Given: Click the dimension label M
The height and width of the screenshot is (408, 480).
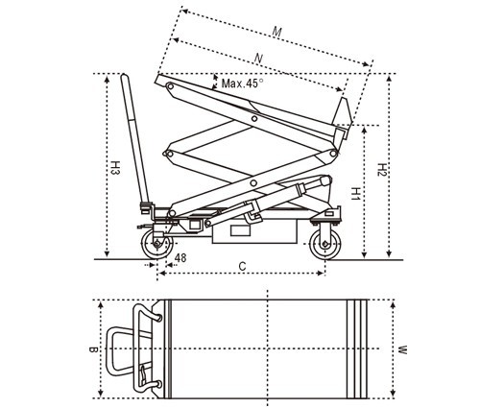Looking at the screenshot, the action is point(276,32).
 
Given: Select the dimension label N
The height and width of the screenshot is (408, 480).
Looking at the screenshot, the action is point(258,59).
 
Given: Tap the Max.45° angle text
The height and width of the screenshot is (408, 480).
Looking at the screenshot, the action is point(243,84).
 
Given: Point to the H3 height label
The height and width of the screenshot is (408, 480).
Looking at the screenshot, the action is point(115,167).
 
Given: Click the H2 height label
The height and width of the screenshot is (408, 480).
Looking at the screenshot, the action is point(382,170).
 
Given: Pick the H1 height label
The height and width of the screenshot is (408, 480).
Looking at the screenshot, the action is point(355,194).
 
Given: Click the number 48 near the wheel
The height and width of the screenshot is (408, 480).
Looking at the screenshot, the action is point(180,257).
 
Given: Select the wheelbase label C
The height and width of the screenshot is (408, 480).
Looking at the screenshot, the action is point(243,266).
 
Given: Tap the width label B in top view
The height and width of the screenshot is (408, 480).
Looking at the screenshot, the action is point(93,348).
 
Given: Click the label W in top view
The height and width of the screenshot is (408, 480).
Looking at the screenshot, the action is point(402,349).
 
